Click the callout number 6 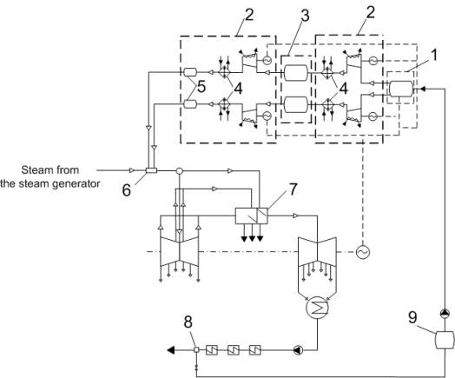pyautogui.click(x=126, y=191)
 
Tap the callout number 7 pyautogui.click(x=293, y=189)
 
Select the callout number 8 pyautogui.click(x=188, y=322)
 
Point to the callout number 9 pyautogui.click(x=412, y=317)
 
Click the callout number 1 pyautogui.click(x=434, y=55)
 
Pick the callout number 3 pyautogui.click(x=305, y=16)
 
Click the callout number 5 pyautogui.click(x=201, y=87)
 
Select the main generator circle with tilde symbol pyautogui.click(x=363, y=252)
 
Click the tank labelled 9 pyautogui.click(x=445, y=340)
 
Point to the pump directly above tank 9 pyautogui.click(x=445, y=314)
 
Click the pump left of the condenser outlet pyautogui.click(x=298, y=350)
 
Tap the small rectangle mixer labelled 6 pyautogui.click(x=151, y=170)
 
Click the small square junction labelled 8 pyautogui.click(x=196, y=350)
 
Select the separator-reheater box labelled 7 pyautogui.click(x=251, y=216)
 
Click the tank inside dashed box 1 pyautogui.click(x=401, y=89)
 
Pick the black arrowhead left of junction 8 pyautogui.click(x=171, y=350)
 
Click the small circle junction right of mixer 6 pyautogui.click(x=180, y=170)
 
